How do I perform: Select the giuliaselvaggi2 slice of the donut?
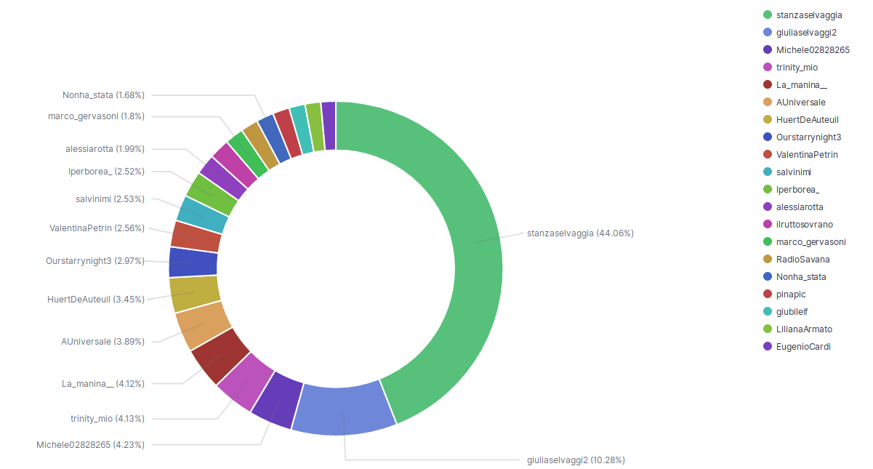pos(343,409)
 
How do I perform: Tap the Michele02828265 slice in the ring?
pos(276,401)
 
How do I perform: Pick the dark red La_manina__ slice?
pos(220,356)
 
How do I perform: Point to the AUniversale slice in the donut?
pos(202,326)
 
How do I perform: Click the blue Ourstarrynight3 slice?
pos(193,262)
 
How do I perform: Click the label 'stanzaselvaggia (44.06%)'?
pos(580,233)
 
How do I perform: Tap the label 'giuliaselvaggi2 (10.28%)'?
pos(575,460)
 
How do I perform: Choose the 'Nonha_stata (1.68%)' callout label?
pos(103,95)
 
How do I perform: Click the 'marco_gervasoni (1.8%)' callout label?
pos(96,116)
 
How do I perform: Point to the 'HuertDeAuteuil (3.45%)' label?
pos(95,299)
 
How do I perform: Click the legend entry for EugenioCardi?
pos(802,346)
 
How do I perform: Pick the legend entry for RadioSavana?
pos(802,259)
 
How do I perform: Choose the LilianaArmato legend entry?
pos(804,329)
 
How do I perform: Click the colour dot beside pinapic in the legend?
pos(767,294)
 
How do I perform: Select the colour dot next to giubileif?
pos(767,311)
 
